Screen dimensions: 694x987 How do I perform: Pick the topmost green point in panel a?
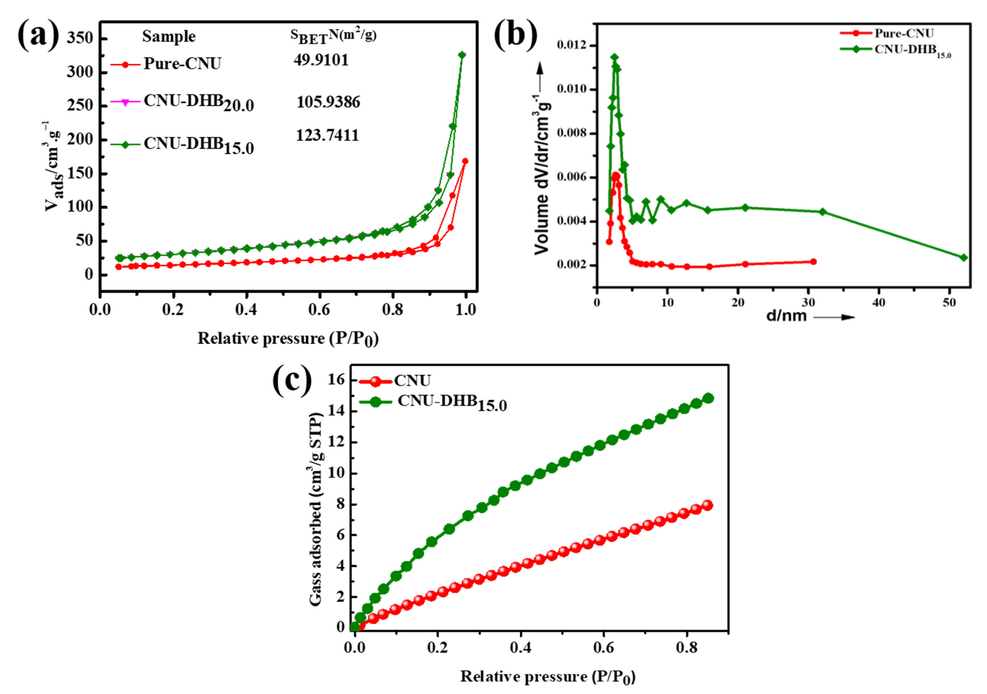click(462, 55)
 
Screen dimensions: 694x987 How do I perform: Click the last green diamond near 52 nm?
click(964, 258)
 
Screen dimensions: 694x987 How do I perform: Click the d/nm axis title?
click(787, 316)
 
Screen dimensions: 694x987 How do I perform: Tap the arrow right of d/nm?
click(834, 317)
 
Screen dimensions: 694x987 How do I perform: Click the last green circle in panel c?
click(708, 398)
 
